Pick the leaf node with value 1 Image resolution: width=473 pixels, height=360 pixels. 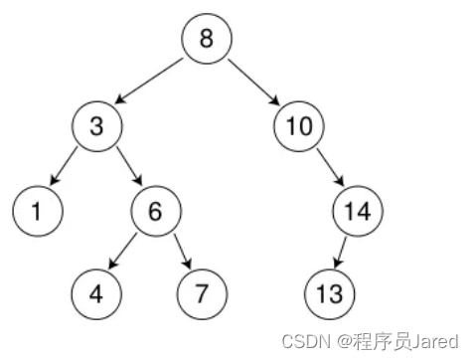(38, 211)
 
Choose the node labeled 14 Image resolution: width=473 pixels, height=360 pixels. (358, 211)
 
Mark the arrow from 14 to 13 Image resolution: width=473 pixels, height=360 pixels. (342, 252)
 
